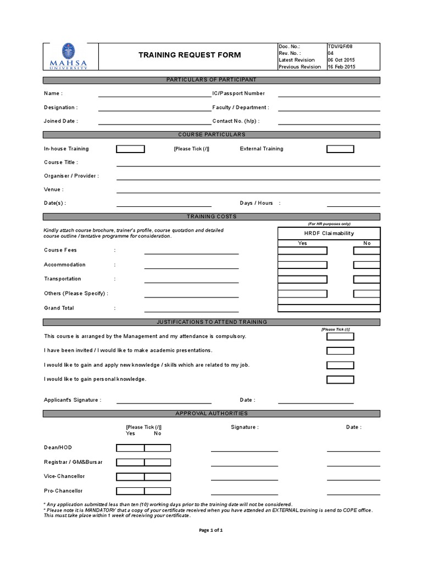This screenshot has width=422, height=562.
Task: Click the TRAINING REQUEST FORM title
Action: [189, 55]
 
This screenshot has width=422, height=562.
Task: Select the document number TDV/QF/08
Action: [341, 47]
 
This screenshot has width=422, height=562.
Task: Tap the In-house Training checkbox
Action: [131, 149]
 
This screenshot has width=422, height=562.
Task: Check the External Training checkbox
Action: [340, 149]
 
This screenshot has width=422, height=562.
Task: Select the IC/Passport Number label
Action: [238, 94]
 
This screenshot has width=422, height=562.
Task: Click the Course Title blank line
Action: [248, 164]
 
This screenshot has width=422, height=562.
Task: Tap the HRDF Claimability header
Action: [329, 233]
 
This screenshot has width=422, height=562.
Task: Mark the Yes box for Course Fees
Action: [302, 251]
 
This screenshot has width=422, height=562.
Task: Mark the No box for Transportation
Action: [367, 279]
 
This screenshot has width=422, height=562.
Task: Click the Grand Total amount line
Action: [191, 310]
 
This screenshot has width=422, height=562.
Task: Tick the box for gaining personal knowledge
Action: [340, 379]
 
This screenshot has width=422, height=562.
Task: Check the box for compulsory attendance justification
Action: [340, 336]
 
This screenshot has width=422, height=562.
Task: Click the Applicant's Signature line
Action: [164, 402]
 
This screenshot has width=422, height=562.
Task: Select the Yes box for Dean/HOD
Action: [130, 448]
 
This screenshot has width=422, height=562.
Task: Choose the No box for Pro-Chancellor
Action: [158, 491]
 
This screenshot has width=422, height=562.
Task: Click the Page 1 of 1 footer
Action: [210, 530]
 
